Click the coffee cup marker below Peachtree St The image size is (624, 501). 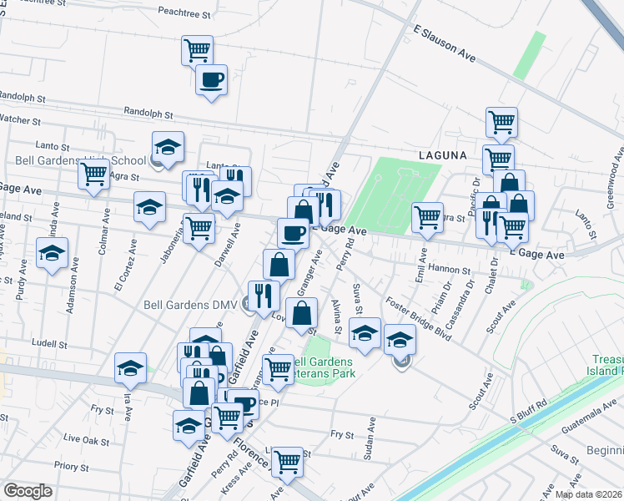210,80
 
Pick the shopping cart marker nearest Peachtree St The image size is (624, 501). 197,50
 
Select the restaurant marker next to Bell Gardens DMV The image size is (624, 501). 263,296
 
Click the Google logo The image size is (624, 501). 28,491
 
